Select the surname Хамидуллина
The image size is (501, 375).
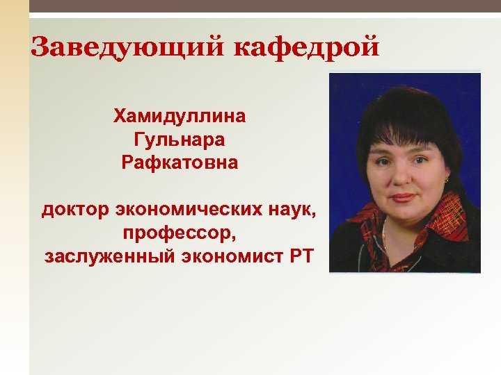[180, 115]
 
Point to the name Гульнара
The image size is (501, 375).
[180, 140]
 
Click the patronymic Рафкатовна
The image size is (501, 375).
[180, 164]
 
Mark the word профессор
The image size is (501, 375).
[180, 233]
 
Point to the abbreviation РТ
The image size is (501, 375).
[299, 257]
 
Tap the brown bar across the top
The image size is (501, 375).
[264, 6]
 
